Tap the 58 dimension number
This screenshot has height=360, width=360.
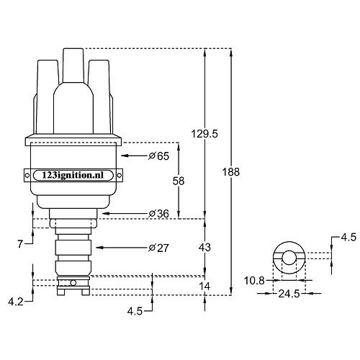179,181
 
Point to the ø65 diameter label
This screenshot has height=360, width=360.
158,156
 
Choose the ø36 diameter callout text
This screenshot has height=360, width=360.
158,214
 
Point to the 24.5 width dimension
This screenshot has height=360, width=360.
290,294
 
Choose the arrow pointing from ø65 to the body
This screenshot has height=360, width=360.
133,156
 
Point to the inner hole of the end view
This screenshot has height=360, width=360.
289,258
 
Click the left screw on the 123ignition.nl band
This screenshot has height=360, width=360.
28,176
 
